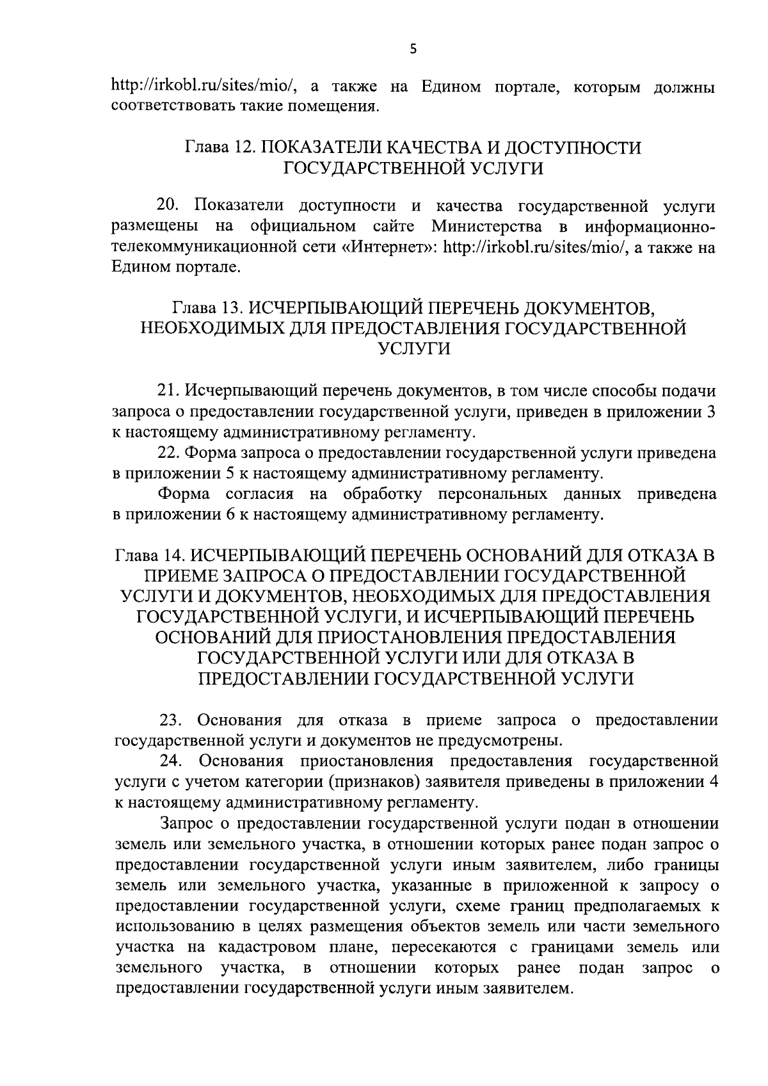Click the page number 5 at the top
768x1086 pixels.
[413, 49]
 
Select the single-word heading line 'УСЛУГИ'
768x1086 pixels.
[412, 349]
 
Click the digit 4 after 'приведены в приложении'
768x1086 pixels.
[712, 782]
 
